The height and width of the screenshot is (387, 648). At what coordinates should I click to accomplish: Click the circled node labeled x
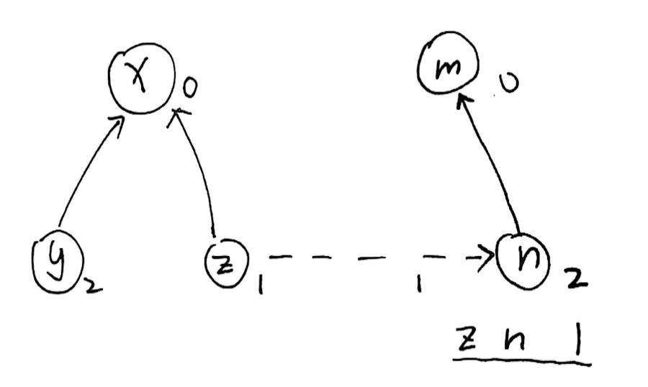(141, 83)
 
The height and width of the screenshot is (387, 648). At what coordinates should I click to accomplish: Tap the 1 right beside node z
(260, 288)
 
